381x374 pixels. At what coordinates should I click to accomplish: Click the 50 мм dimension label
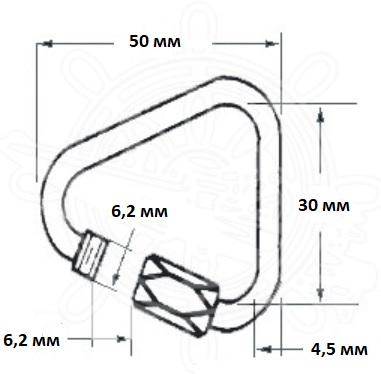pos(155,42)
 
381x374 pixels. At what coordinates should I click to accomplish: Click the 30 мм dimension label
pos(324,205)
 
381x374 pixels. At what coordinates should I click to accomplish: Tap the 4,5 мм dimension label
pos(339,349)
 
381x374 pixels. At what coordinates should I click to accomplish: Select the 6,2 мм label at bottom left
pos(32,340)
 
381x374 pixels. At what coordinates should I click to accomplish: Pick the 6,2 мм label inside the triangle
pos(139,212)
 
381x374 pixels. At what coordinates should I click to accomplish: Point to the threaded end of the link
pos(90,255)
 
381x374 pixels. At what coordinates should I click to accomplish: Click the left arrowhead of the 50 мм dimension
pos(48,44)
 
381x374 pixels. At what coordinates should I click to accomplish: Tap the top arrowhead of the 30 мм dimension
pos(320,115)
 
